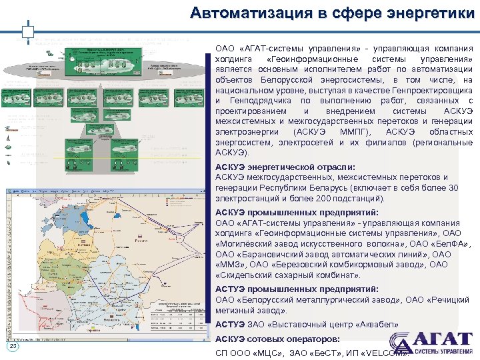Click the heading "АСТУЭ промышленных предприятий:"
click(x=297, y=289)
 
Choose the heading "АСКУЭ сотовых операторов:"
click(x=277, y=339)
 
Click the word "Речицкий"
click(x=453, y=299)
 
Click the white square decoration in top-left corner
click(x=27, y=31)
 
